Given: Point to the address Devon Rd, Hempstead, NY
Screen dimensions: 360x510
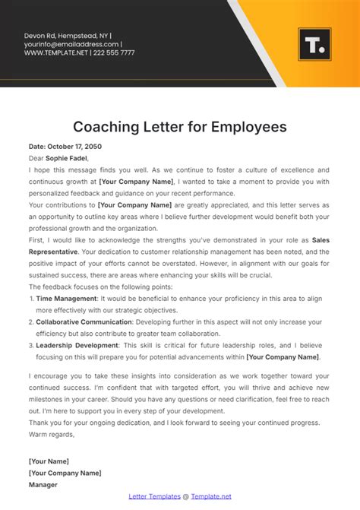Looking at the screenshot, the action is tap(67, 35).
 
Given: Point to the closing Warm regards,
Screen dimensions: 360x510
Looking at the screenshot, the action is tap(52, 434).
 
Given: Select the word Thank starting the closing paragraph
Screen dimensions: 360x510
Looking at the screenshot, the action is tap(38, 423).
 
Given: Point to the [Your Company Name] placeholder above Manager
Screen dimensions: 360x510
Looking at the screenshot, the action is tap(65, 472).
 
